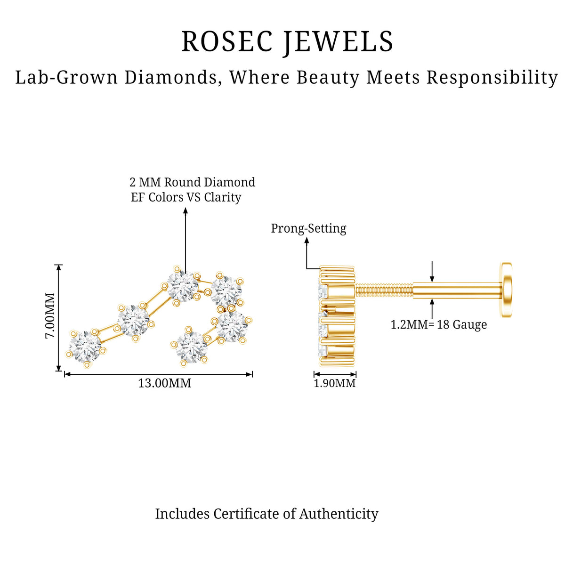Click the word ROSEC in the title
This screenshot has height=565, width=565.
click(x=227, y=41)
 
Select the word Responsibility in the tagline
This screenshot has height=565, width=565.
click(x=492, y=78)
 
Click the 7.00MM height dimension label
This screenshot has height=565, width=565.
click(x=50, y=315)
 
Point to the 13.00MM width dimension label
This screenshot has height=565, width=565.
click(x=164, y=383)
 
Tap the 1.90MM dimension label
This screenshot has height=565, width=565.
click(x=335, y=383)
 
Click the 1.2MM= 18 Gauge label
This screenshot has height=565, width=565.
click(x=439, y=325)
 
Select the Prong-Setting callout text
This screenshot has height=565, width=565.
click(x=308, y=228)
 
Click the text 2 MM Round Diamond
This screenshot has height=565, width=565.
click(x=193, y=182)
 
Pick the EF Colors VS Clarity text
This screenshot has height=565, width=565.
click(x=186, y=197)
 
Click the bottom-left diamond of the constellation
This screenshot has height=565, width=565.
click(x=85, y=347)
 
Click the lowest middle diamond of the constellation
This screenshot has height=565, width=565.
click(x=192, y=347)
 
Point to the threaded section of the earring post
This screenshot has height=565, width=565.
click(x=384, y=291)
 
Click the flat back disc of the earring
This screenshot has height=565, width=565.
click(x=507, y=290)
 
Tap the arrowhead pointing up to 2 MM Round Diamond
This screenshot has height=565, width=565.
click(x=186, y=210)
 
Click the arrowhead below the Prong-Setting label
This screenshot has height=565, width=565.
click(x=307, y=241)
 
